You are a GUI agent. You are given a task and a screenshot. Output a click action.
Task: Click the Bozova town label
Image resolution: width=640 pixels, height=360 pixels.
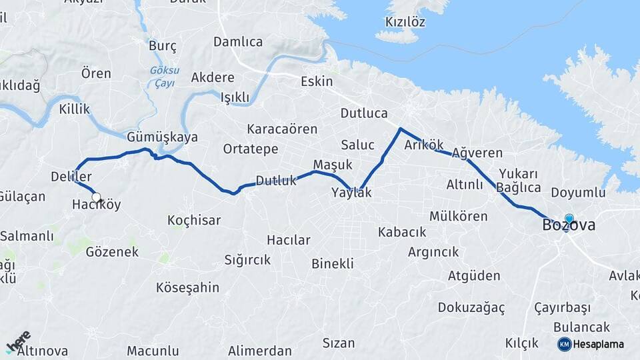point(569,226)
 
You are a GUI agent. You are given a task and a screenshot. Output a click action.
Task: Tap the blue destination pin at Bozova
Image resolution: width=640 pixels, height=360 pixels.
point(569,219)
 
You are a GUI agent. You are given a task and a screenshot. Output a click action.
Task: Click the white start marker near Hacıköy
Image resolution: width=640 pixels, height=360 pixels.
point(96,197)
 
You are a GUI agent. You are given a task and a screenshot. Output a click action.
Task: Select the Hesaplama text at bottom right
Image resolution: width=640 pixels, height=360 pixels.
point(599,344)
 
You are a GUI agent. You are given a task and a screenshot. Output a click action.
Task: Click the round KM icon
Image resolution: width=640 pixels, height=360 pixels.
point(564,344)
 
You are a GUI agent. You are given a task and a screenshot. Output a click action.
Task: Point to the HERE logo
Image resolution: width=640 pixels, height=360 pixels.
point(18,341)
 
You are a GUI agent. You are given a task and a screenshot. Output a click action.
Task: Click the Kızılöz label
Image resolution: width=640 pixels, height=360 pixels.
point(405,21)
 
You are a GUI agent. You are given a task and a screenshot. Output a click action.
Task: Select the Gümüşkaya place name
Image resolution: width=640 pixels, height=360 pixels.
point(162,137)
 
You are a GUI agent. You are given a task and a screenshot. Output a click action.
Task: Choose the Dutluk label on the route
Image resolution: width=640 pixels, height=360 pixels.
point(275,180)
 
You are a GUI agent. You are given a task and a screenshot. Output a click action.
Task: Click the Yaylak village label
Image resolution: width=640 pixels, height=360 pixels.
point(351,193)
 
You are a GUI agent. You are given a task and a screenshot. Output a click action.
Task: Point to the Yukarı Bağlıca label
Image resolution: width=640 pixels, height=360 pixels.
point(517,180)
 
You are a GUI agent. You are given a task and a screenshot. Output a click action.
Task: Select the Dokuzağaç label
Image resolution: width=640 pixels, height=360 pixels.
point(471,307)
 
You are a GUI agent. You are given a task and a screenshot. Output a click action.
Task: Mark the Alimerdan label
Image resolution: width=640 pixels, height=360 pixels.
point(259,351)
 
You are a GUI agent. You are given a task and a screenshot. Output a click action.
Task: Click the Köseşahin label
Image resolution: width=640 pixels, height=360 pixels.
point(187,287)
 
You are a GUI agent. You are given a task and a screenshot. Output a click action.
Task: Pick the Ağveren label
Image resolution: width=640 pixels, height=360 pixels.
point(477,153)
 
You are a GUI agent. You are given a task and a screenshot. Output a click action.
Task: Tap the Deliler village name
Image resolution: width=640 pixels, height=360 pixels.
point(71,177)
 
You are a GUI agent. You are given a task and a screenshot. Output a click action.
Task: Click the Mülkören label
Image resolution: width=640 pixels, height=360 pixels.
point(458,216)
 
